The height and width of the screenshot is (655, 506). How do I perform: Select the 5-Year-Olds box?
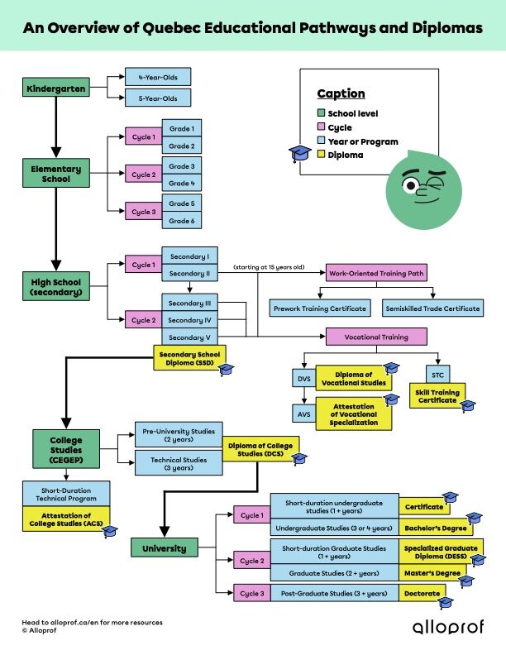pos(157,98)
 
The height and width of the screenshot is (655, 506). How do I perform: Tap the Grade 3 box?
pos(182,166)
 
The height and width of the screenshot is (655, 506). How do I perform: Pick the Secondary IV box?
pos(190,320)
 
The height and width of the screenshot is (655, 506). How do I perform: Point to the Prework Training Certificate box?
pos(320,308)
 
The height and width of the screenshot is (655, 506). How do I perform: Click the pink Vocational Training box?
pos(376,337)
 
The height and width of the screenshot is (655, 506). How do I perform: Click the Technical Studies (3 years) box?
pos(179,462)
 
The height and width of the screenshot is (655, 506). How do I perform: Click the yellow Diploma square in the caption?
pos(322,155)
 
